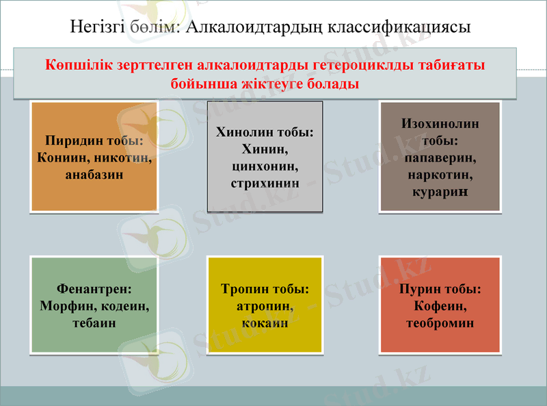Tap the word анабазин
pos(94,174)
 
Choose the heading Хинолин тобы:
pos(265,132)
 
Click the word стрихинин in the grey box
pos(265,183)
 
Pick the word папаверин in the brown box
pos(440,158)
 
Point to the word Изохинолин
pos(440,124)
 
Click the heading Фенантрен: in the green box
pos(94,290)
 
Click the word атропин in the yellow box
pos(265,306)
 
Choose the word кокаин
pos(265,322)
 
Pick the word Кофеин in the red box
pos(440,306)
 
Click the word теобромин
pos(440,322)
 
